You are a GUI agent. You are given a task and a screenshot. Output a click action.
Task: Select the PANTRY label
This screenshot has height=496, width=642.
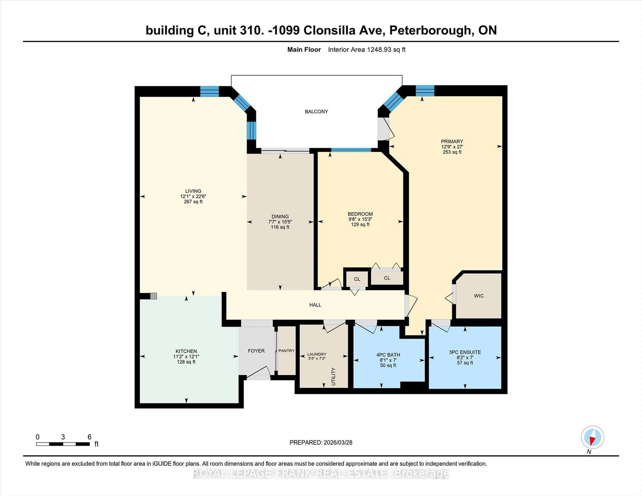coord(286,351)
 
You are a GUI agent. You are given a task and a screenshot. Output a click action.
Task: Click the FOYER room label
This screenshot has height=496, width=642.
coord(256,351)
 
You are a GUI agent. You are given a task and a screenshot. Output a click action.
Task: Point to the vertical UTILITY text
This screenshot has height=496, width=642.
coord(333,376)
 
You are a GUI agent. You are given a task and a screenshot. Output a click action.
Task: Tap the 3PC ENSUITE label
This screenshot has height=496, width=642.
coord(465,352)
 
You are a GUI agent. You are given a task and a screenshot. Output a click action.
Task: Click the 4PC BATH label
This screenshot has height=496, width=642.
coord(388,355)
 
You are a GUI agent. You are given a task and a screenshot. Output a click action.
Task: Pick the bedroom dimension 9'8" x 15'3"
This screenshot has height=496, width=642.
coord(360,219)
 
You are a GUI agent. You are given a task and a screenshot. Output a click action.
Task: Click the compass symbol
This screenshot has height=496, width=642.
coord(592,437)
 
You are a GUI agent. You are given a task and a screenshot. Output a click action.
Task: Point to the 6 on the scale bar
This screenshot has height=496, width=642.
coord(89,437)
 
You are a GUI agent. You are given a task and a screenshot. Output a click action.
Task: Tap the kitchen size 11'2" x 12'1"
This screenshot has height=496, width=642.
coord(186,356)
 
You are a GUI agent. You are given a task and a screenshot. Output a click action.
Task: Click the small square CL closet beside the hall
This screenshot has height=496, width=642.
coord(357,279)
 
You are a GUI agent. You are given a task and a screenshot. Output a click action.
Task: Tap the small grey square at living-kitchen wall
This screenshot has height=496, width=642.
coord(153,296)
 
